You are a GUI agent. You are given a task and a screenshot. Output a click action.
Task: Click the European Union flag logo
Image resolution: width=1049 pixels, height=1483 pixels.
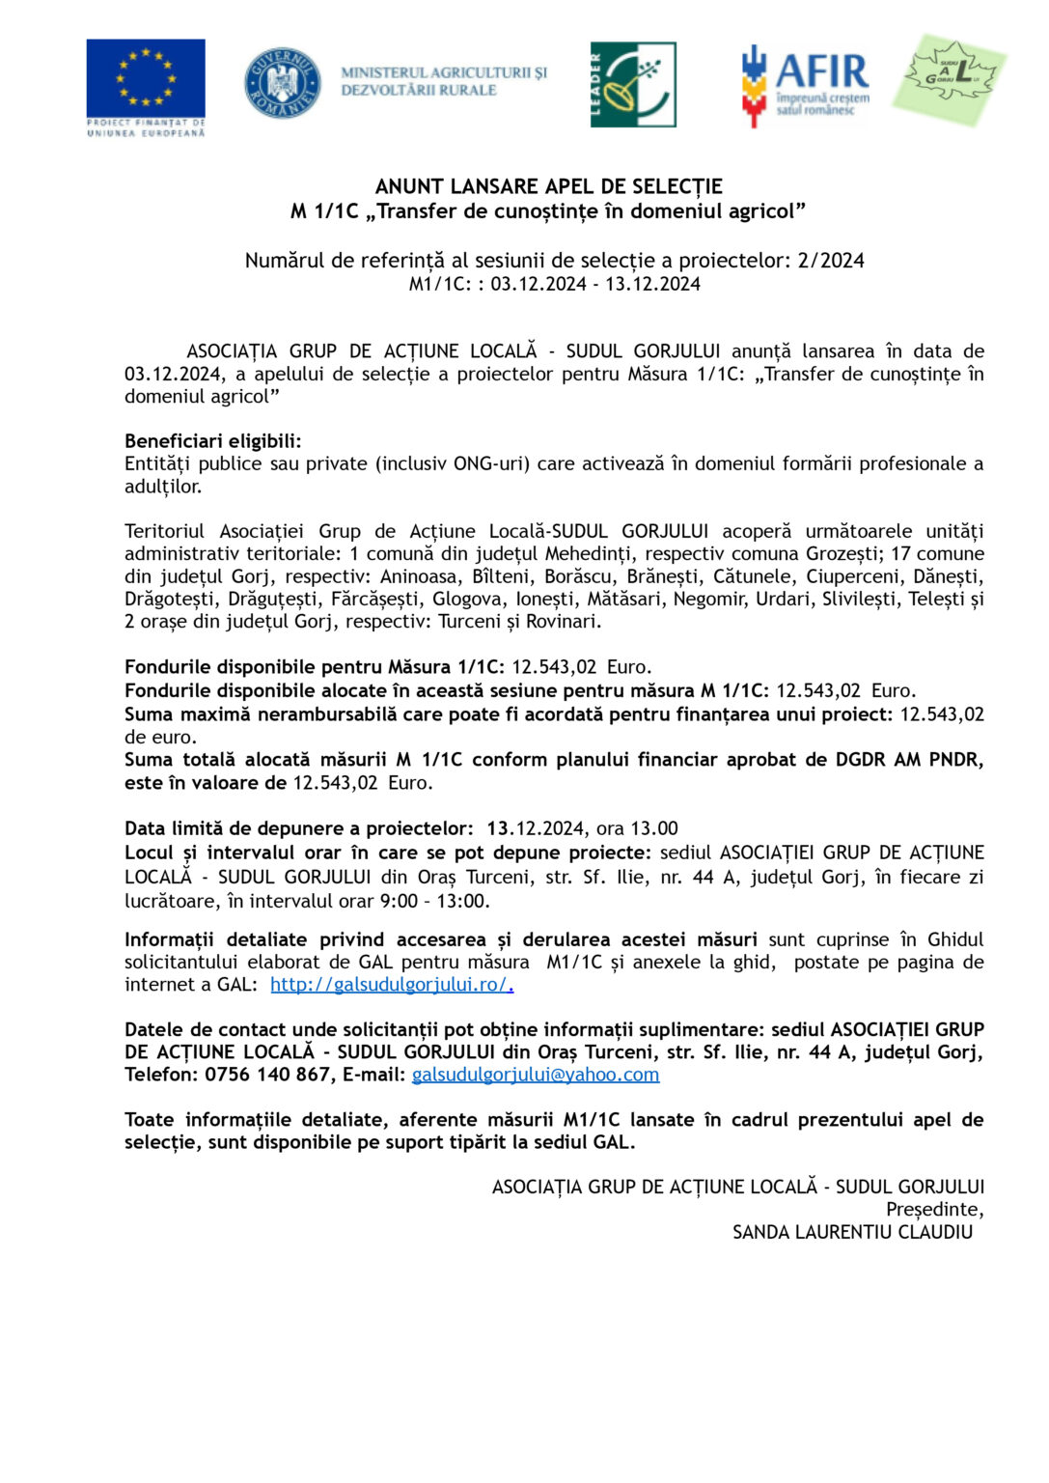[x=146, y=79]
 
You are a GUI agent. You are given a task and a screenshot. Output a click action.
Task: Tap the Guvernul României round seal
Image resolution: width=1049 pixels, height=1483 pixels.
[x=282, y=83]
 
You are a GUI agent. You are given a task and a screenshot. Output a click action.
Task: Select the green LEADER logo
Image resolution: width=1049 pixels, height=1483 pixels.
[x=633, y=85]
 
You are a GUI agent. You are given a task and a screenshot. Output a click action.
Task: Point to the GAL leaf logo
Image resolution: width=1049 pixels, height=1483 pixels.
[x=949, y=79]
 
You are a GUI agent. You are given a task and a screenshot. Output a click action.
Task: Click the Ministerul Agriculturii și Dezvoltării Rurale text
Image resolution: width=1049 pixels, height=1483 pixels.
[x=443, y=81]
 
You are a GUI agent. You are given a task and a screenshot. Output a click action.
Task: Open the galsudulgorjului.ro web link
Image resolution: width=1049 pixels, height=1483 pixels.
[x=391, y=985]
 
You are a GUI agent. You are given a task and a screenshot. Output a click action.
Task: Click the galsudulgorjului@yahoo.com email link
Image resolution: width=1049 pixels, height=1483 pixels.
[x=535, y=1075]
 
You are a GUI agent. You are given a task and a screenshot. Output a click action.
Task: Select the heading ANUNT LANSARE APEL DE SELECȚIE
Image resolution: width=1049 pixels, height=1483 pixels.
[x=548, y=186]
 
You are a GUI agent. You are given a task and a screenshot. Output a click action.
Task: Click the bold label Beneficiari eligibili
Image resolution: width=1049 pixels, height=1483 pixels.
[x=212, y=441]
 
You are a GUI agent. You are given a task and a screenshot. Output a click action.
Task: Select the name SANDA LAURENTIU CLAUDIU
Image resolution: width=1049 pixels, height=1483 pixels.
[x=852, y=1232]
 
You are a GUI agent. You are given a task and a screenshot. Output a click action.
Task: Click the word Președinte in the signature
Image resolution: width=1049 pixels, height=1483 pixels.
[x=933, y=1210]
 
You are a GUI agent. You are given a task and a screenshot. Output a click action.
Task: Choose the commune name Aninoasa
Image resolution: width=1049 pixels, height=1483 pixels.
[x=421, y=576]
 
